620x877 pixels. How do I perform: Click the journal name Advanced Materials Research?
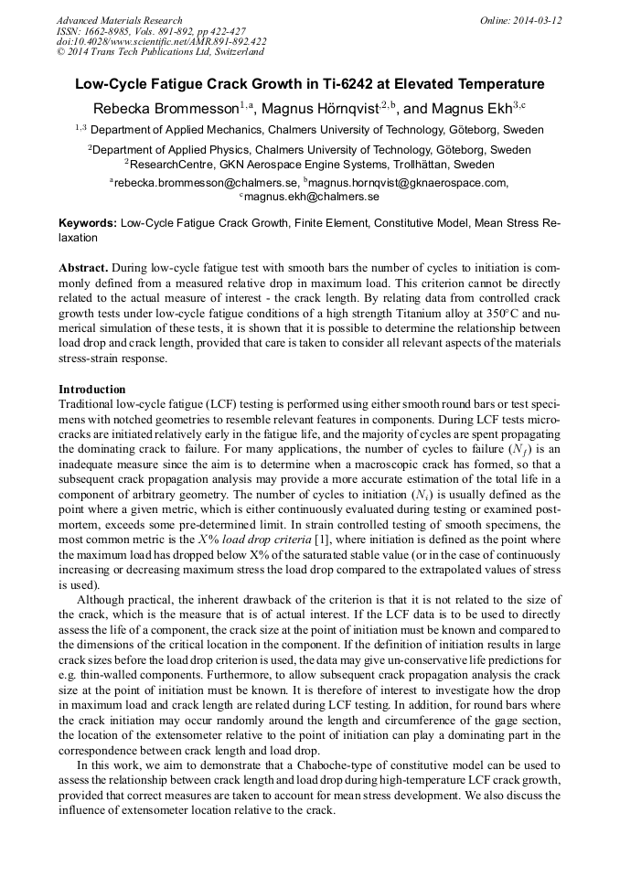[119, 20]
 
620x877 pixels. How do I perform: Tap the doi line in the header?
[161, 41]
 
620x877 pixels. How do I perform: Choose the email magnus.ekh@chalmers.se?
[312, 197]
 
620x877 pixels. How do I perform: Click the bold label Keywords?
[88, 223]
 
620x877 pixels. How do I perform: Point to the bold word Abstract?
[82, 270]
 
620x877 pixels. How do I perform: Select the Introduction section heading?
[92, 390]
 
